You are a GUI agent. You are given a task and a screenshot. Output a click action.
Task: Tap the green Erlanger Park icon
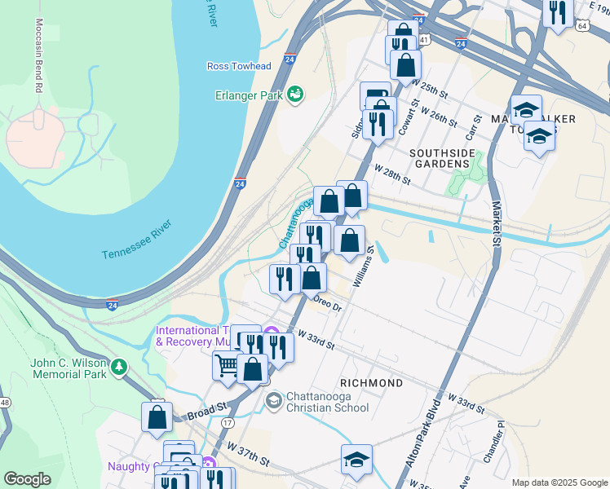294,95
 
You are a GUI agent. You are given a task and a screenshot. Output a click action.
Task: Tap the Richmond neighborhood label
372,383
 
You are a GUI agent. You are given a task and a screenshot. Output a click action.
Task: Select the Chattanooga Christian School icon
273,399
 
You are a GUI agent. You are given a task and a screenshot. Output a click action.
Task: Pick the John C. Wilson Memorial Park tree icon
120,368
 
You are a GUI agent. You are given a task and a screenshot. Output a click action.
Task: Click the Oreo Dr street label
326,303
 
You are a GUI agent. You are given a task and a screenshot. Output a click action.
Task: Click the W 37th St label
248,454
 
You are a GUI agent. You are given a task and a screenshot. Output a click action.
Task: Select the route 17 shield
228,423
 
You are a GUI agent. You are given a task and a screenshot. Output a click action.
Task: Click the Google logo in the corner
27,479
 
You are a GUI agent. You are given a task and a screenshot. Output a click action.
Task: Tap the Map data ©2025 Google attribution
559,482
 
